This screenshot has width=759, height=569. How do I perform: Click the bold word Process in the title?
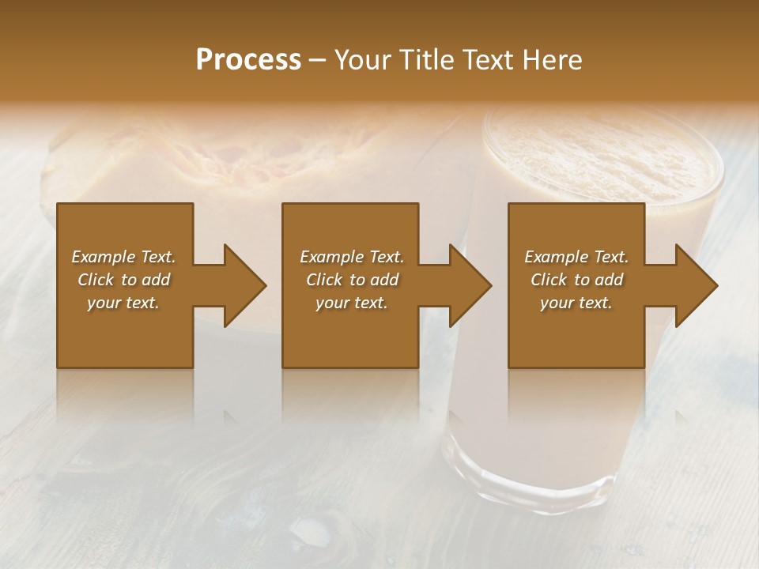point(248,60)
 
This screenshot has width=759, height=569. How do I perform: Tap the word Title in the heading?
point(428,60)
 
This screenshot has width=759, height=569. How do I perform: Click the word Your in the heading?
point(365,60)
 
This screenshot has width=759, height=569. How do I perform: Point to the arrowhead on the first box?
point(241,285)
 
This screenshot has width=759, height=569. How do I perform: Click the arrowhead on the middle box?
point(466,285)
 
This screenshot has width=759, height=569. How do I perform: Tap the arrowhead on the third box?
point(693,285)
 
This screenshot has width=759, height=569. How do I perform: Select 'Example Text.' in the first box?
point(123,257)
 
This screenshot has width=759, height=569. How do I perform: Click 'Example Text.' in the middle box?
point(352,257)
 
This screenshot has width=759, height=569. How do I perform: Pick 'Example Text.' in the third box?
point(576,257)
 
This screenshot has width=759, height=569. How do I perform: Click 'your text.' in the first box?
point(123,303)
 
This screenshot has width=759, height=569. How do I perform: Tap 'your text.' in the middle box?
point(352,303)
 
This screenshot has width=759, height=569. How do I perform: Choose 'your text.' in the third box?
point(576,303)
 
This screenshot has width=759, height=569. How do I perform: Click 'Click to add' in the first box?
point(123,280)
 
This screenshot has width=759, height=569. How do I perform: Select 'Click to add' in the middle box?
point(352,280)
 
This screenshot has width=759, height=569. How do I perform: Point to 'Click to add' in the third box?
point(576,280)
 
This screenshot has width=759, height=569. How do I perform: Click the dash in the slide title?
point(318,60)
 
